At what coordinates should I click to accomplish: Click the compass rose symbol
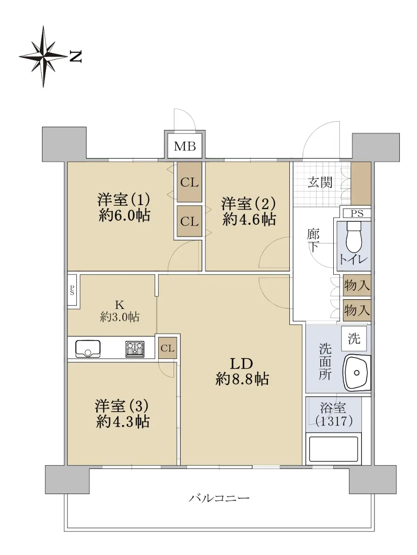(43, 56)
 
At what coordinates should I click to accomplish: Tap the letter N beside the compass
(75, 56)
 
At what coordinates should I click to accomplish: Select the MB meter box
(185, 146)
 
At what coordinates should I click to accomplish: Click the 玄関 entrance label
(320, 182)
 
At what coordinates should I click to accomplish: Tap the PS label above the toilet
(357, 214)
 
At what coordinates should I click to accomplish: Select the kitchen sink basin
(88, 349)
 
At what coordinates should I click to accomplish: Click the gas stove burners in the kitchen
(135, 349)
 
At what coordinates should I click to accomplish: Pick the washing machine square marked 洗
(354, 338)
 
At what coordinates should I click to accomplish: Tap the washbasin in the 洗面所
(356, 372)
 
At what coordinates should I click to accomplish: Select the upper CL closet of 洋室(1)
(189, 182)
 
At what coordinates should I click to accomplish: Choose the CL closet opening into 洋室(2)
(189, 221)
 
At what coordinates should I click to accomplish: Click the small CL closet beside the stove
(168, 348)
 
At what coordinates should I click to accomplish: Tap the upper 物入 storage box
(357, 285)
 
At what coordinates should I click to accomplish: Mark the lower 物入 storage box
(357, 310)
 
